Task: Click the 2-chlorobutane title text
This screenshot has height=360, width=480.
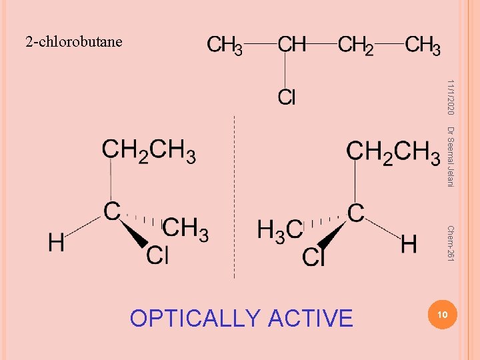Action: pos(74,42)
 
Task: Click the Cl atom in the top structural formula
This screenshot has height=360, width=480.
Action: pos(287,98)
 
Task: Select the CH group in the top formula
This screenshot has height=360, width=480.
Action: pos(291,45)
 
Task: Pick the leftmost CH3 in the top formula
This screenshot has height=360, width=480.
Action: pos(225,45)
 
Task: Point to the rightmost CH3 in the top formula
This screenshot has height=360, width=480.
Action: pos(423,45)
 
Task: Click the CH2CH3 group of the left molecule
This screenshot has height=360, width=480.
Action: pos(149,151)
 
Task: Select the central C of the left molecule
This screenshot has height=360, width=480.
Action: pos(111,211)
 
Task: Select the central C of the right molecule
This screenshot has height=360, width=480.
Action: pos(356,213)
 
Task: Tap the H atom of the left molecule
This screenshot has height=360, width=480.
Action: pos(56,242)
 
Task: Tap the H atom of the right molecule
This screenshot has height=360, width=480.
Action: pos(409,244)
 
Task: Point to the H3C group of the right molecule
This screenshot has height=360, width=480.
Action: pos(279,231)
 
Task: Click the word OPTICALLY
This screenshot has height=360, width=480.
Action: pos(195,319)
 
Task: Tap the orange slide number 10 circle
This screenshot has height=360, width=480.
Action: pos(440,313)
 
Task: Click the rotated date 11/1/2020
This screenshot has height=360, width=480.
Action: pos(451,95)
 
